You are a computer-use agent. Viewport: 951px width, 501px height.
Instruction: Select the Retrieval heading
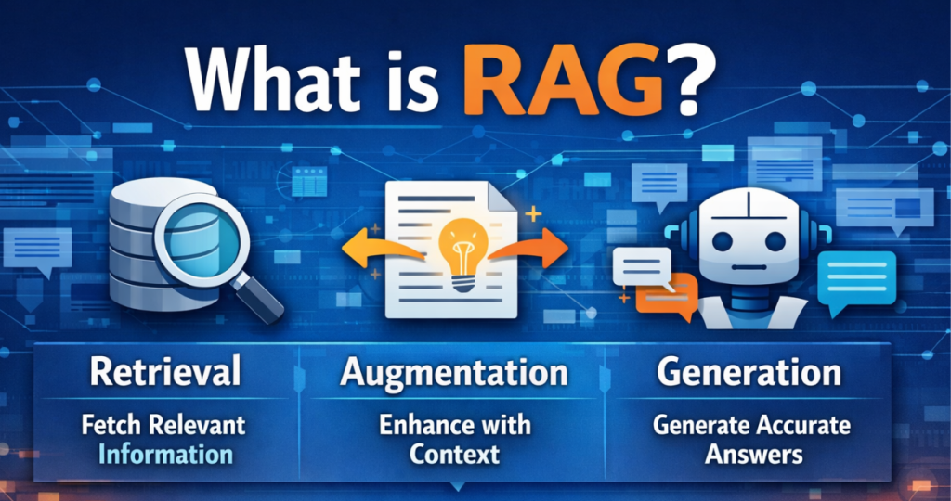(x=165, y=373)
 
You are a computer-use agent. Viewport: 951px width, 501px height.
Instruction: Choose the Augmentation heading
(x=453, y=373)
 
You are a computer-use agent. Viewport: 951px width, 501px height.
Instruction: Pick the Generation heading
(x=749, y=373)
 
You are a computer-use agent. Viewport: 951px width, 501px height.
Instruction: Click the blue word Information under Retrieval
(x=165, y=454)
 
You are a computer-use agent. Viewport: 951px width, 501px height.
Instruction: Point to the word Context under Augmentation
(x=455, y=454)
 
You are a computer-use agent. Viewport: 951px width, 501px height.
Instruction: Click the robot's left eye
(x=725, y=239)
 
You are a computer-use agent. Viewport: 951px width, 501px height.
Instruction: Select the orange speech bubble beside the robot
(x=670, y=295)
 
